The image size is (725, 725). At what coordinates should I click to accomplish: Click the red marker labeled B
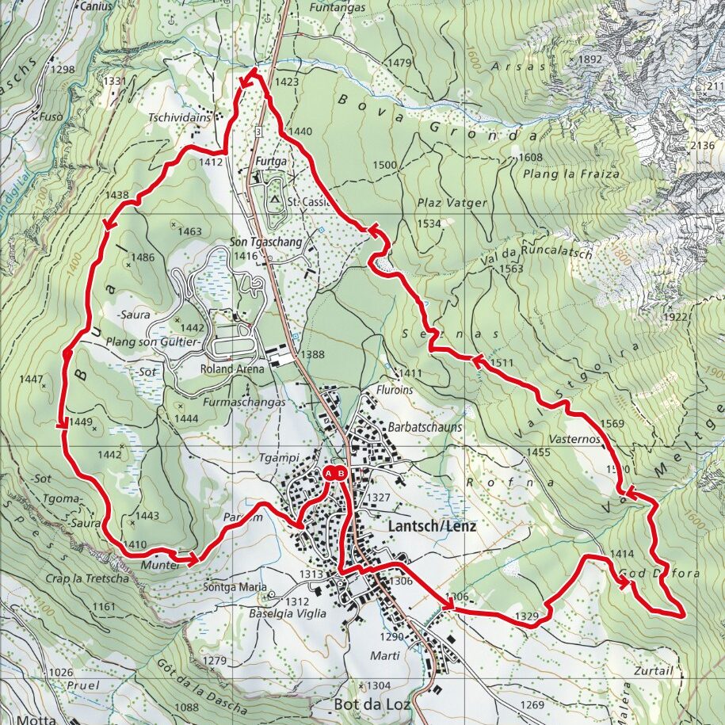coord(341,474)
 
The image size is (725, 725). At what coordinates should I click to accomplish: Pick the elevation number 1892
coord(590,59)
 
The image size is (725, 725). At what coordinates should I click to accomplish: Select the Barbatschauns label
coord(425,426)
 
